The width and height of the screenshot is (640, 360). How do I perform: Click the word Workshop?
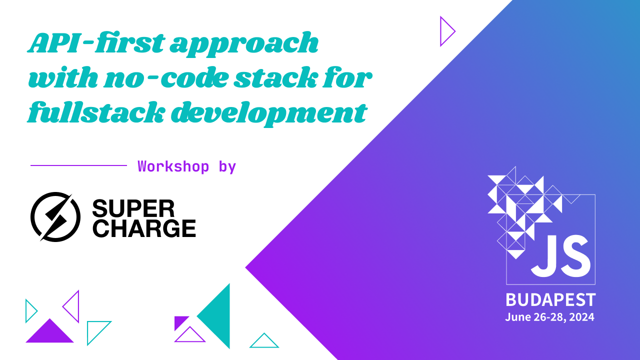173,166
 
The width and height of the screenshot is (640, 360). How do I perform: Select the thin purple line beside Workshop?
78,165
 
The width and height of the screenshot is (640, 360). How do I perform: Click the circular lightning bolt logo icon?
55,216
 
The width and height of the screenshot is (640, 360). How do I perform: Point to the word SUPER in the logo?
133,208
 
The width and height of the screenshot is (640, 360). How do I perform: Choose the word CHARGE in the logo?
144,228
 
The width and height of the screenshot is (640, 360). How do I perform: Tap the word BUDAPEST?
550,300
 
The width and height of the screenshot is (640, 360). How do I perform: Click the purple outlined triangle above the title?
446,31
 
